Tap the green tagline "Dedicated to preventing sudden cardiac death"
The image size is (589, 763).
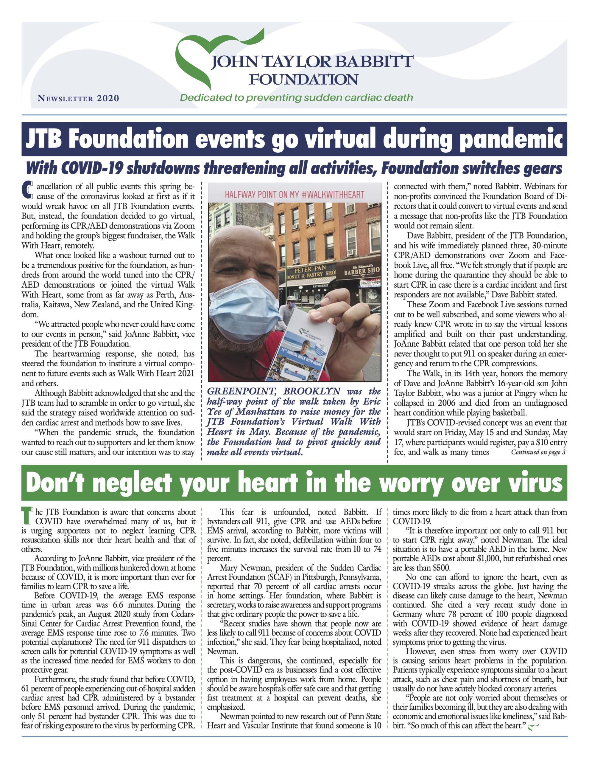(296, 97)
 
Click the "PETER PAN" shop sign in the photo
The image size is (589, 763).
(310, 269)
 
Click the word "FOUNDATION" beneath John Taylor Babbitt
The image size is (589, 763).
(303, 80)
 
